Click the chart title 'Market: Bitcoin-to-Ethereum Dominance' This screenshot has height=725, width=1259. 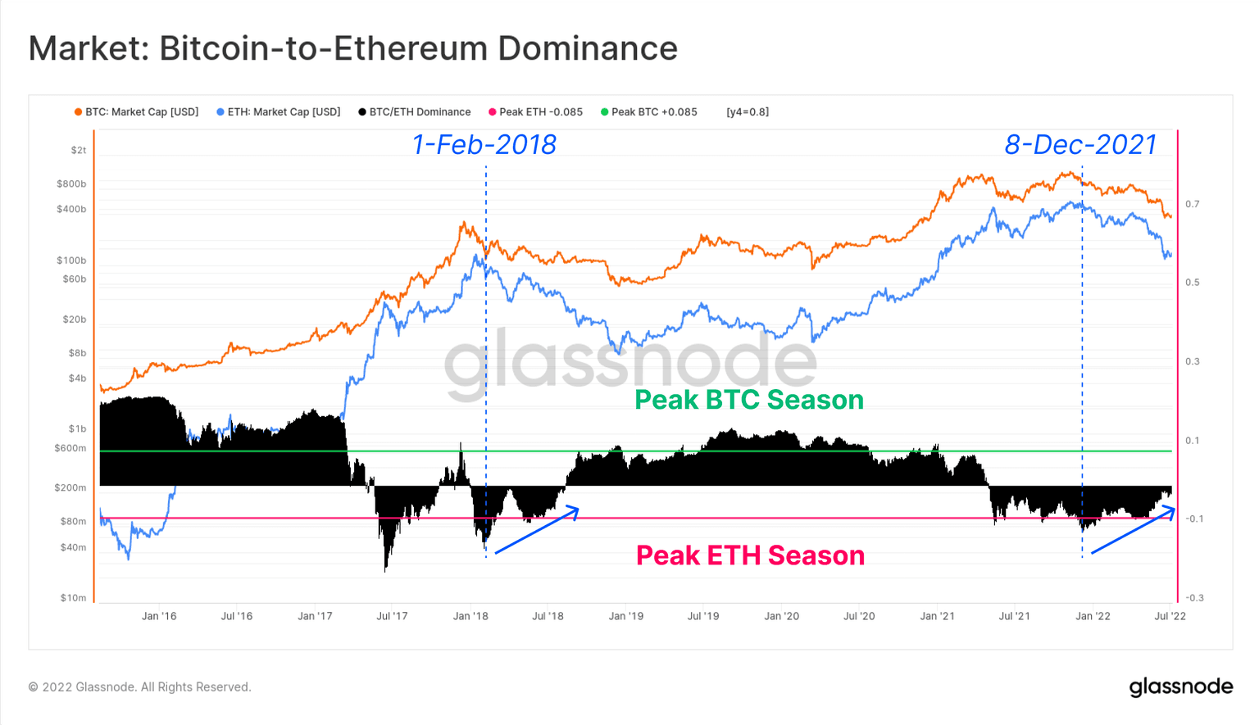point(352,48)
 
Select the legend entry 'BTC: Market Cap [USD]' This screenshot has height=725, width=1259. point(137,112)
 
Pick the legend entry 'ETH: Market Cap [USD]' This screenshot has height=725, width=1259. point(279,112)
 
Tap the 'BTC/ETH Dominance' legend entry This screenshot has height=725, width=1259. point(415,112)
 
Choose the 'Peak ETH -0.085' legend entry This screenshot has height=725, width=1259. point(536,112)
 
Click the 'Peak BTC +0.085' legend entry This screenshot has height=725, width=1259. point(649,112)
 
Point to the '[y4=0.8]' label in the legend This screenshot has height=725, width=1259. point(748,112)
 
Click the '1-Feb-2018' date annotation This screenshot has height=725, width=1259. point(484,145)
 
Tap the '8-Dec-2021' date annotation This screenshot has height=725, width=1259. point(1080,145)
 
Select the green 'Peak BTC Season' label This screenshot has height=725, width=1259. point(749,400)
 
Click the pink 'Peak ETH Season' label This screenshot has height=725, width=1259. point(750,555)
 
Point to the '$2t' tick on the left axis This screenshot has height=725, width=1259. point(78,151)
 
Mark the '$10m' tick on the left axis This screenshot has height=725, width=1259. point(73,598)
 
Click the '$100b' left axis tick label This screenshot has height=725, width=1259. point(71,261)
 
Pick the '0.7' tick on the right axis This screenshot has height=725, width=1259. point(1192,204)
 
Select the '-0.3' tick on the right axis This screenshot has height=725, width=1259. point(1193,598)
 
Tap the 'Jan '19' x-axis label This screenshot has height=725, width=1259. point(626,616)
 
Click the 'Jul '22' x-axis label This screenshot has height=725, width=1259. point(1170,616)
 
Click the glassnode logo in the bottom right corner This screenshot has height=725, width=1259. point(1180,686)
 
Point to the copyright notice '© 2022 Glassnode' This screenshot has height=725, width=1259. point(139,687)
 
